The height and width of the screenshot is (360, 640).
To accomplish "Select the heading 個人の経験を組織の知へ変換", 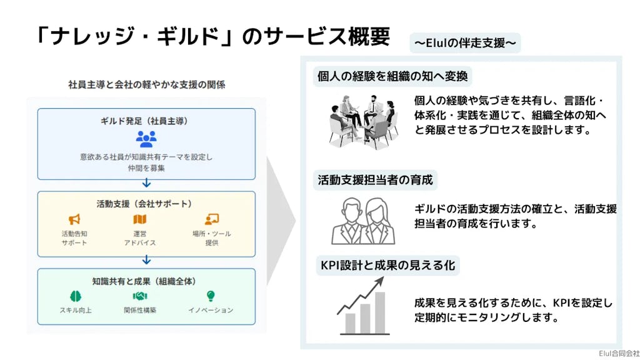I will coord(392,76).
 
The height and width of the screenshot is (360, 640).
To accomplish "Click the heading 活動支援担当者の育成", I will coord(375,181).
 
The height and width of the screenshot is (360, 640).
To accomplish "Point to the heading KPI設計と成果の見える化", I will coord(387,265).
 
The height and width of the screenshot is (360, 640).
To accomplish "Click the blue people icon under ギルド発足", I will coord(146,139).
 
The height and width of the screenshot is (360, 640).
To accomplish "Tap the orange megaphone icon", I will coord(75,219).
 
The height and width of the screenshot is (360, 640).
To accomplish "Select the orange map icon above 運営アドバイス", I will coord(140,219).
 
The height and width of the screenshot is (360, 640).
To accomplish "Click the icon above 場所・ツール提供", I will coord(211,219).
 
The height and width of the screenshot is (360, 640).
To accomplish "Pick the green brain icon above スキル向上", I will coord(75,296).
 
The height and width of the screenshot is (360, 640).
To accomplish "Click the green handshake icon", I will coord(140,296).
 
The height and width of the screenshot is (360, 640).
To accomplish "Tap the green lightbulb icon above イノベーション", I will coord(211,296).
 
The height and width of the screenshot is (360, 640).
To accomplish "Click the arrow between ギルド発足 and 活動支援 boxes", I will coord(146,183).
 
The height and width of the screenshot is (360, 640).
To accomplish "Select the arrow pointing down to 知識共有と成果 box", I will coord(146,259).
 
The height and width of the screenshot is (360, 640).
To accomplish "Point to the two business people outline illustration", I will coord(359,221).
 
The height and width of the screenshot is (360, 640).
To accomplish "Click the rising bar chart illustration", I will coord(362,307).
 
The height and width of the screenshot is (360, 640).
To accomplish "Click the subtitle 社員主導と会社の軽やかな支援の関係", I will coord(146,84).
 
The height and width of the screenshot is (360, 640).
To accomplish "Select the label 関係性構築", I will coord(140,310).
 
